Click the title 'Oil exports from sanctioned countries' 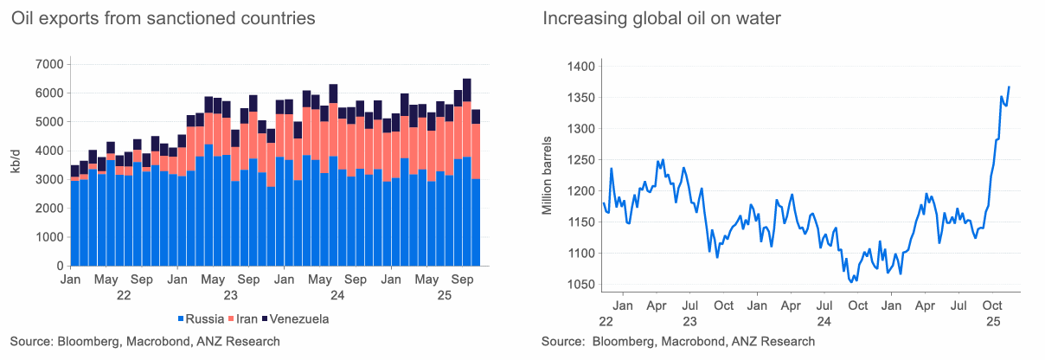coord(163,18)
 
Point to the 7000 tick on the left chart coord(48,64)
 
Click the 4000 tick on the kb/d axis coord(48,151)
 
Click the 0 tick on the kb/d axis coord(58,266)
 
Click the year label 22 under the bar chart coord(124,295)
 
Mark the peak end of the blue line coord(1009,87)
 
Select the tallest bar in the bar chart coord(467,172)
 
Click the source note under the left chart coord(144,342)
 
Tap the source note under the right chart coord(677,342)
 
